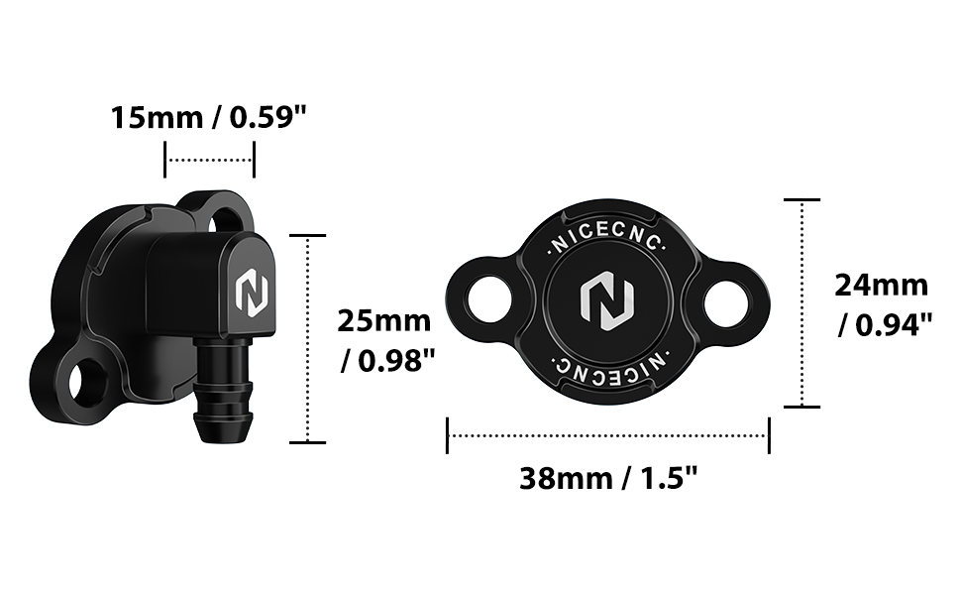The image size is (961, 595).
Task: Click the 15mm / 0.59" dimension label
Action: point(210,118)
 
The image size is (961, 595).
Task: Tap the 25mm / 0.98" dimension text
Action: point(385,340)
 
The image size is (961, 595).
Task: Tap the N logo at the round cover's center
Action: point(606,299)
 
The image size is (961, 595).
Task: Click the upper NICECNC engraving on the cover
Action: point(607,241)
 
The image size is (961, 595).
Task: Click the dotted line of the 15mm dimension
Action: point(210,159)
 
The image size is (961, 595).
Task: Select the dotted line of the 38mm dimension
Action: point(608,434)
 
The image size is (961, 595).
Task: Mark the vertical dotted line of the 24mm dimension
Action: point(801,303)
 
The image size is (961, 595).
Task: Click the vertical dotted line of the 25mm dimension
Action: point(309,338)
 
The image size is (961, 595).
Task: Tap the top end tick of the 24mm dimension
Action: point(801,199)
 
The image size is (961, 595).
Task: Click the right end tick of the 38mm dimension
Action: point(769,434)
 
